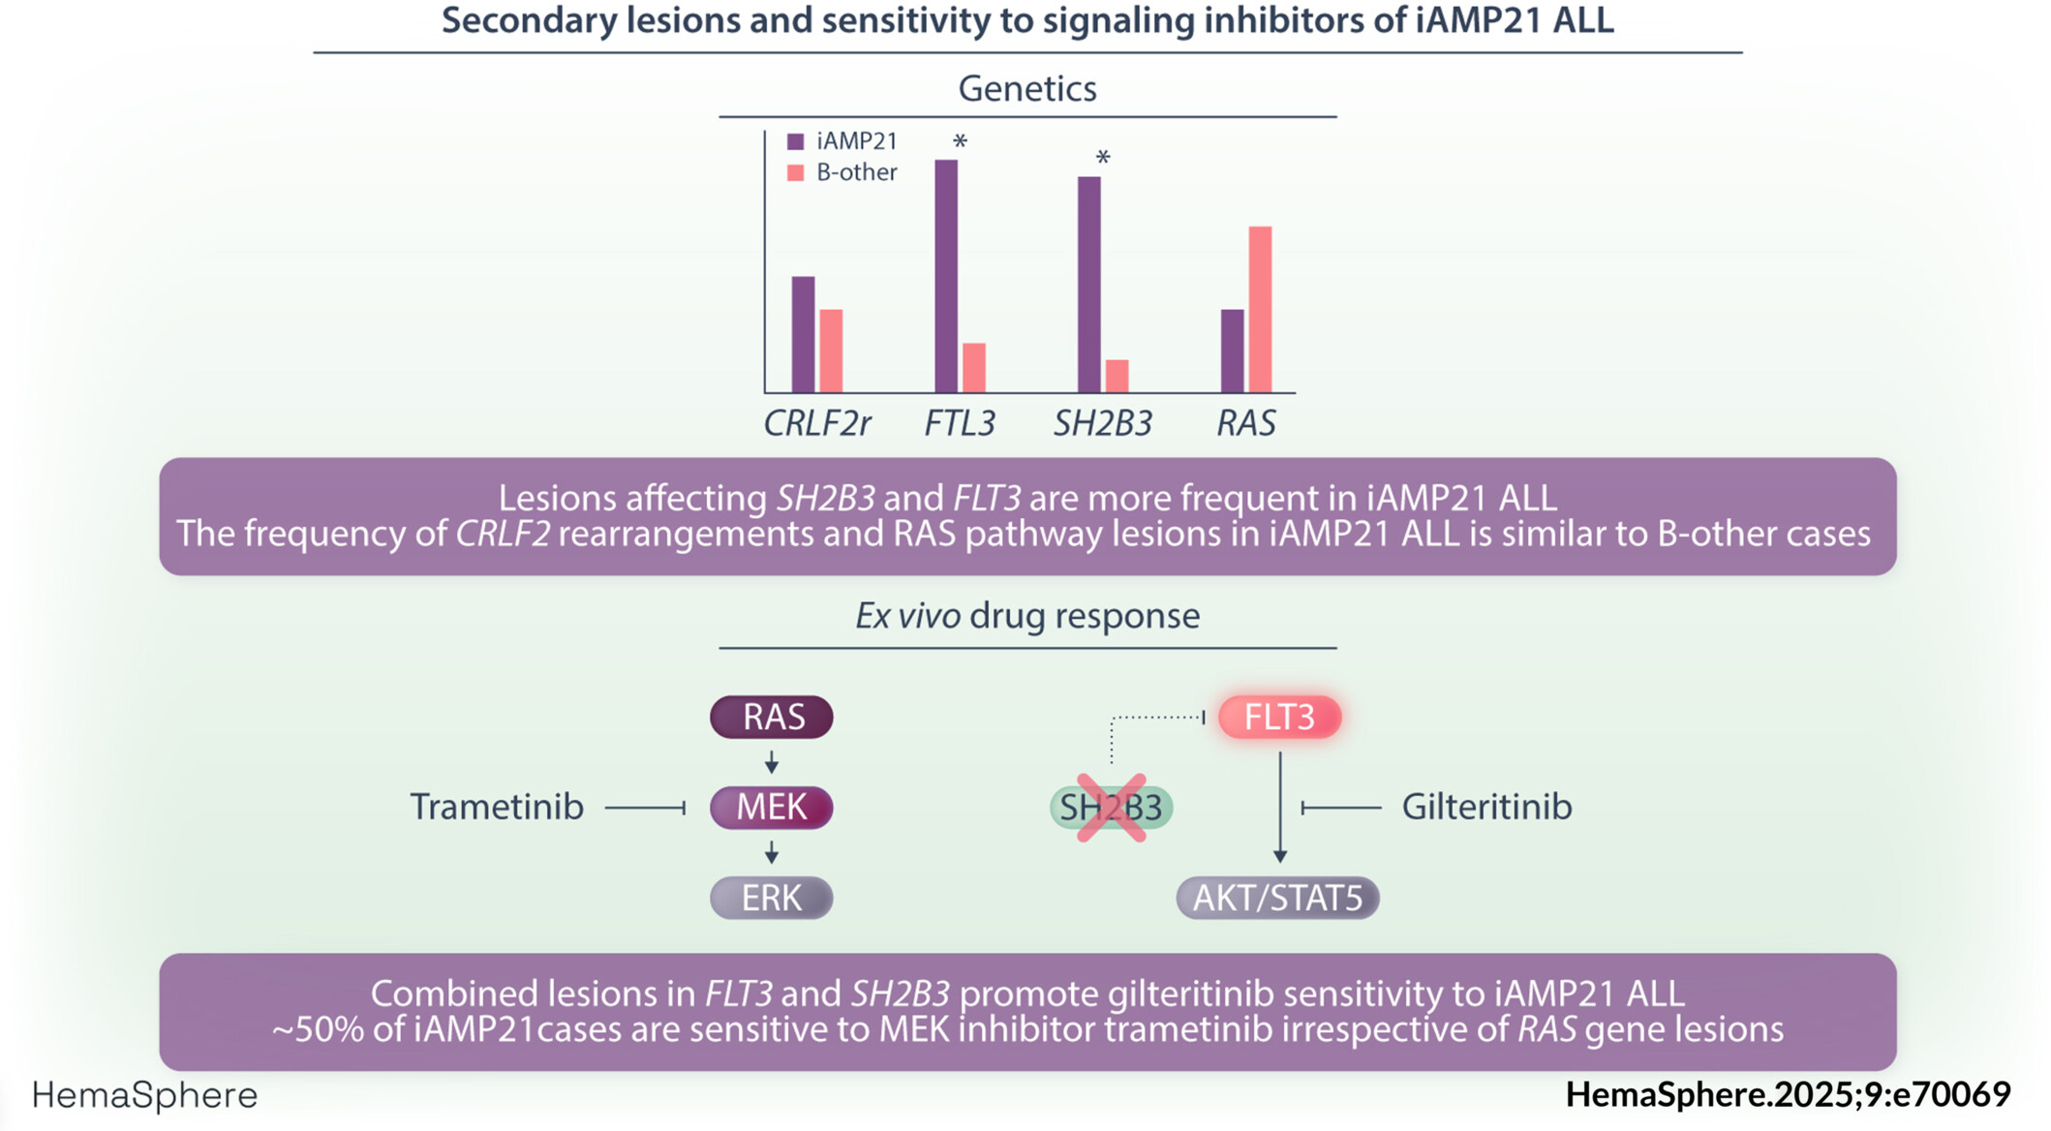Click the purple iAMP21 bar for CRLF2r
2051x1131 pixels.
(803, 334)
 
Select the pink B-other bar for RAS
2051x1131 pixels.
(1260, 309)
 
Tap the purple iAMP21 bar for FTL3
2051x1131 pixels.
(946, 276)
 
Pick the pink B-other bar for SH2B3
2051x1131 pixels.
(1117, 376)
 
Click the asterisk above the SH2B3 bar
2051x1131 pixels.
(1102, 158)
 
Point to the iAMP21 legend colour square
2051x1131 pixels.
(796, 141)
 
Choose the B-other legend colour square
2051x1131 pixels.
(796, 173)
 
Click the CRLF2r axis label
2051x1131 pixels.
(816, 423)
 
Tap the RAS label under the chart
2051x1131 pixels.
(1246, 423)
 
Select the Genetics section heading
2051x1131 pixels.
(1027, 88)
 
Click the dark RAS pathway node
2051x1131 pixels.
(772, 718)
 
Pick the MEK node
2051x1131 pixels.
(772, 808)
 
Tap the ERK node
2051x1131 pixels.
(772, 898)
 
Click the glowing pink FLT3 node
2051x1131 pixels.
(1279, 718)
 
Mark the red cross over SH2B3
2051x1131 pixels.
(1112, 808)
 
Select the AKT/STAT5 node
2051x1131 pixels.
(1278, 898)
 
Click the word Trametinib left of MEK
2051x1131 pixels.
(497, 807)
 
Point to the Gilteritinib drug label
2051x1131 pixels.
(1487, 807)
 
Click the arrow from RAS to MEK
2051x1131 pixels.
(772, 762)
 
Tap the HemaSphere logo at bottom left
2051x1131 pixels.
(145, 1095)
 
